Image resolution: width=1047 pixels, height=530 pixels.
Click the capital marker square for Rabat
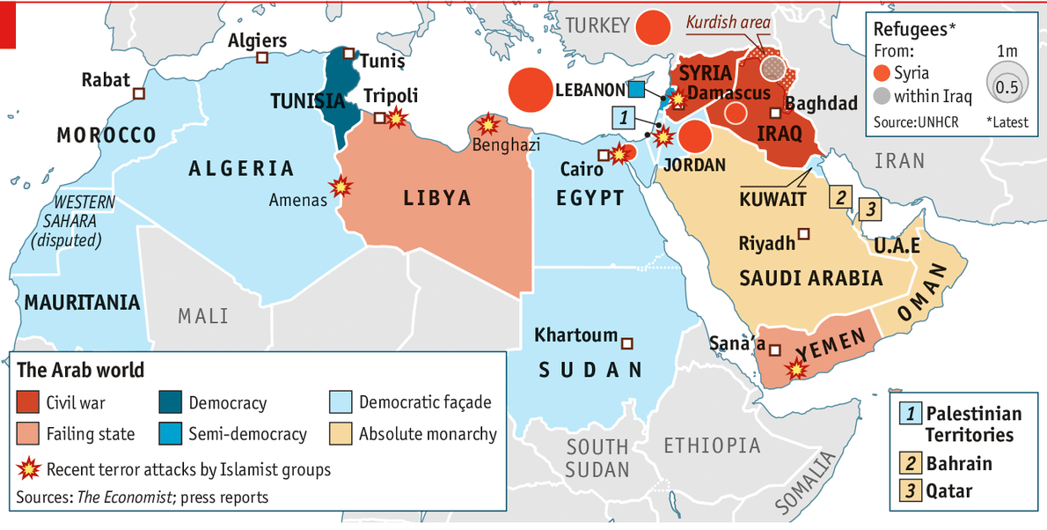[138, 93]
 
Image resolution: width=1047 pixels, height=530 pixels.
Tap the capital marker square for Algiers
[261, 58]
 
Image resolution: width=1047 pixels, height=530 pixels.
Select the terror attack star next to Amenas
[340, 187]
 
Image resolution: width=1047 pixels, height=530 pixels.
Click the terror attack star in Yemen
[796, 369]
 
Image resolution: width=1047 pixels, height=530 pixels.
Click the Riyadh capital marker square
[803, 234]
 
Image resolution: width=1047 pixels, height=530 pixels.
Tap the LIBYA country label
[437, 198]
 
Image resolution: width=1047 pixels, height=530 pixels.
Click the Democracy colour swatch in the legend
[169, 402]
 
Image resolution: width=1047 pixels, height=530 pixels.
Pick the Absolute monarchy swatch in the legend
[340, 433]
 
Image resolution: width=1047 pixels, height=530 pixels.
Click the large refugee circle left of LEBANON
[531, 90]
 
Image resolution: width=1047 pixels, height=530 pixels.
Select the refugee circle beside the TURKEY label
[653, 27]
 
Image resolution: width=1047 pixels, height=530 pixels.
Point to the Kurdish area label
[728, 22]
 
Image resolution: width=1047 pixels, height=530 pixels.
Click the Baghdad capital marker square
[775, 113]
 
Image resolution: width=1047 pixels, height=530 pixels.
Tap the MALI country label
[202, 315]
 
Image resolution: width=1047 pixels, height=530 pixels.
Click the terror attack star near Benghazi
[487, 125]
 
